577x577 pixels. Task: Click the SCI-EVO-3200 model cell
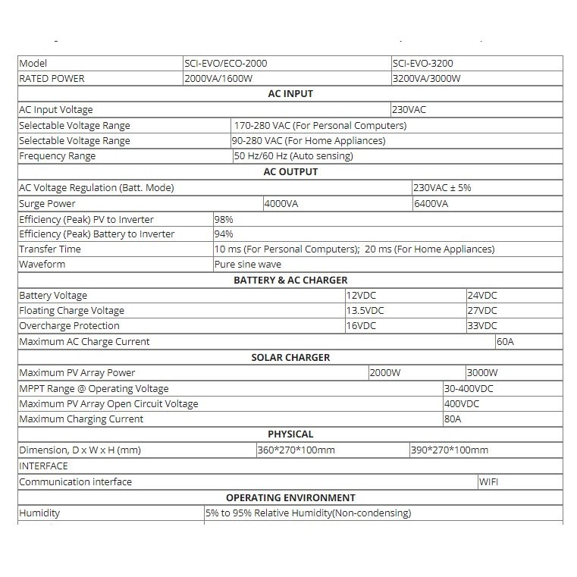coord(423,64)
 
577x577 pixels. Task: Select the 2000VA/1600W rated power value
coord(220,79)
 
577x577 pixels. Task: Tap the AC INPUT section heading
coord(290,94)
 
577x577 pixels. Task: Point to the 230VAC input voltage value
coord(409,110)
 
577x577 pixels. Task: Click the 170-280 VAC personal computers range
coord(321,126)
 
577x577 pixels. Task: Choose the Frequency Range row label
coord(58,156)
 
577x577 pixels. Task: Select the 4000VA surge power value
coord(282,203)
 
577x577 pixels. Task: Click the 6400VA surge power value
coord(431,203)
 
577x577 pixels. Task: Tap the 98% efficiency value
coord(224,219)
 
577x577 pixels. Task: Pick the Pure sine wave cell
coord(248,265)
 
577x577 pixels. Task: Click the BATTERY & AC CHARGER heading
coord(290,281)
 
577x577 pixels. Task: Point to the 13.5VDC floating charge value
coord(365,311)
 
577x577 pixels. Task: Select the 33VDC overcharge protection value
coord(482,326)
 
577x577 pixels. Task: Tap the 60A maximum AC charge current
coord(505,342)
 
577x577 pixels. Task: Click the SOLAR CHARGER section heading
coord(290,357)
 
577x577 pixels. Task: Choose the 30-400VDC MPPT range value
coord(469,388)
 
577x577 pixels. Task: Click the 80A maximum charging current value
coord(453,419)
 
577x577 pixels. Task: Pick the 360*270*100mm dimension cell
coord(296,450)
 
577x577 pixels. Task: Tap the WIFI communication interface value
coord(488,481)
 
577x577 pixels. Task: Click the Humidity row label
coord(39,513)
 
